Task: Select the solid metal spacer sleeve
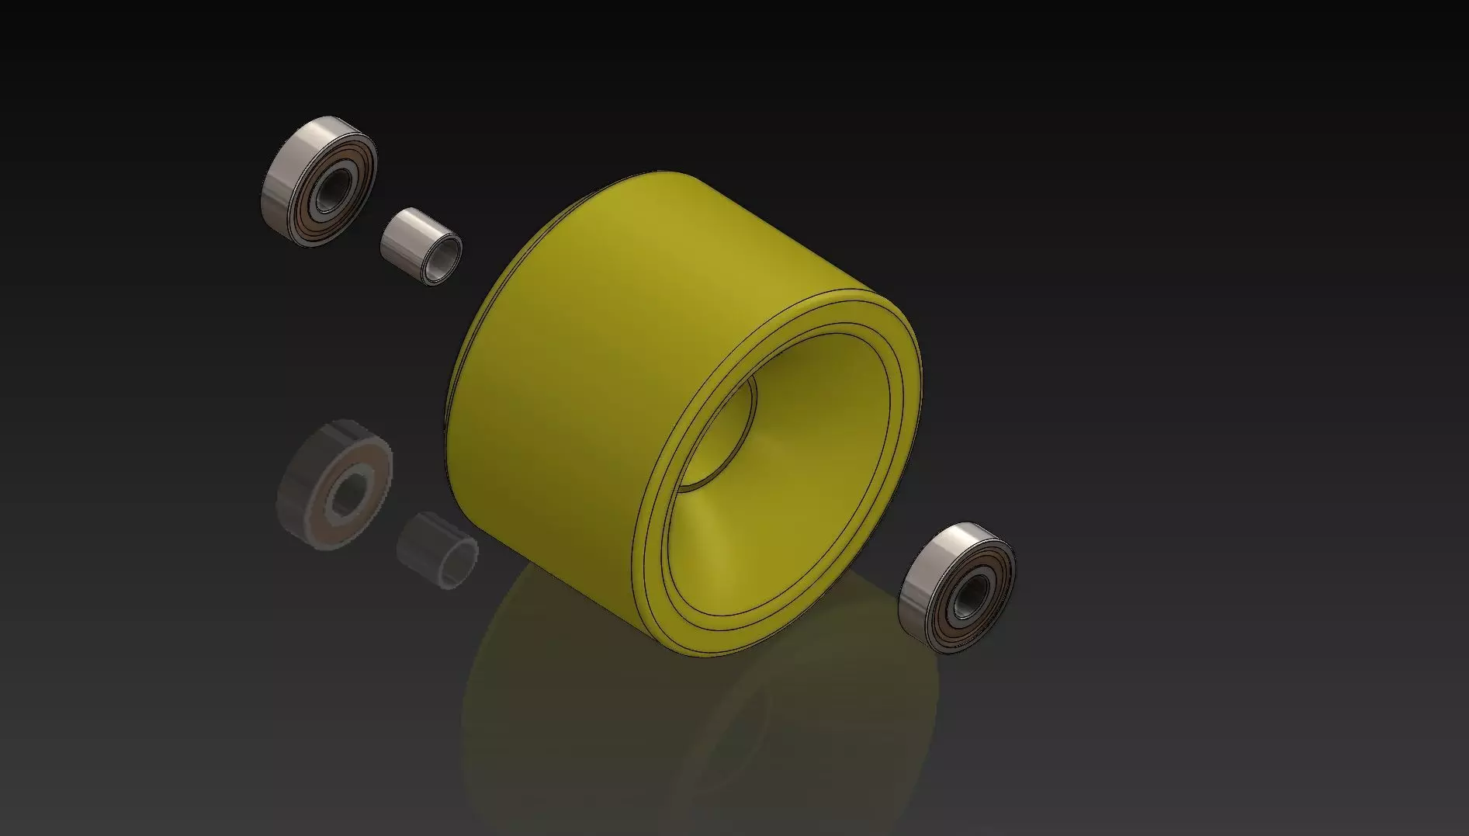click(420, 245)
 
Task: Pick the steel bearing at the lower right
click(956, 587)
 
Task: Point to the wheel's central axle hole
click(718, 435)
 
